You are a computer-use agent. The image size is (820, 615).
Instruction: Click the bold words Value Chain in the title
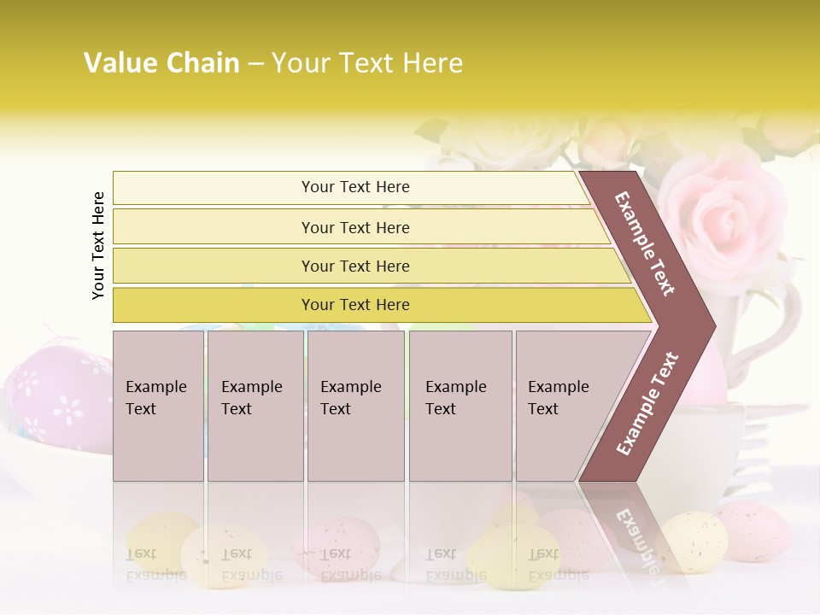[x=161, y=63]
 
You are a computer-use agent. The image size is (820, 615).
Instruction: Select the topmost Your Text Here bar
[x=354, y=187]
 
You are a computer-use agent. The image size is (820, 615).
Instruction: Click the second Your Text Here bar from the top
[x=354, y=227]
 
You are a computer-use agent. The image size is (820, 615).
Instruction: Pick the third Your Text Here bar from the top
[x=354, y=266]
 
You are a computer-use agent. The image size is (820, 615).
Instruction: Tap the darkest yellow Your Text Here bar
[x=354, y=305]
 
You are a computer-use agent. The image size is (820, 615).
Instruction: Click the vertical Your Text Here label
[x=98, y=245]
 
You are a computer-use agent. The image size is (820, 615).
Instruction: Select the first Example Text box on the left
[x=158, y=406]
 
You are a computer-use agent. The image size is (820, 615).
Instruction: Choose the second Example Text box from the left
[x=255, y=406]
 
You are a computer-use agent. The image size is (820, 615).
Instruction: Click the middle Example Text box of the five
[x=355, y=406]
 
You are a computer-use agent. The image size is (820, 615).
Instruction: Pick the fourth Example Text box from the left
[x=460, y=406]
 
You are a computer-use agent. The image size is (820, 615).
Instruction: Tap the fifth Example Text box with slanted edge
[x=564, y=406]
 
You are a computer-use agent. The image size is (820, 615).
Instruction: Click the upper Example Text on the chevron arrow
[x=645, y=243]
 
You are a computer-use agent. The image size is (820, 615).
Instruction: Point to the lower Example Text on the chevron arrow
[x=647, y=404]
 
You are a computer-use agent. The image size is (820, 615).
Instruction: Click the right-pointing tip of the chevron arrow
[x=711, y=325]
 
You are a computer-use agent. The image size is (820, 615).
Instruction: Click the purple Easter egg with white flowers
[x=56, y=393]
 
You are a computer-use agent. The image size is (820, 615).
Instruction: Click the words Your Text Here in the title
[x=367, y=63]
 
